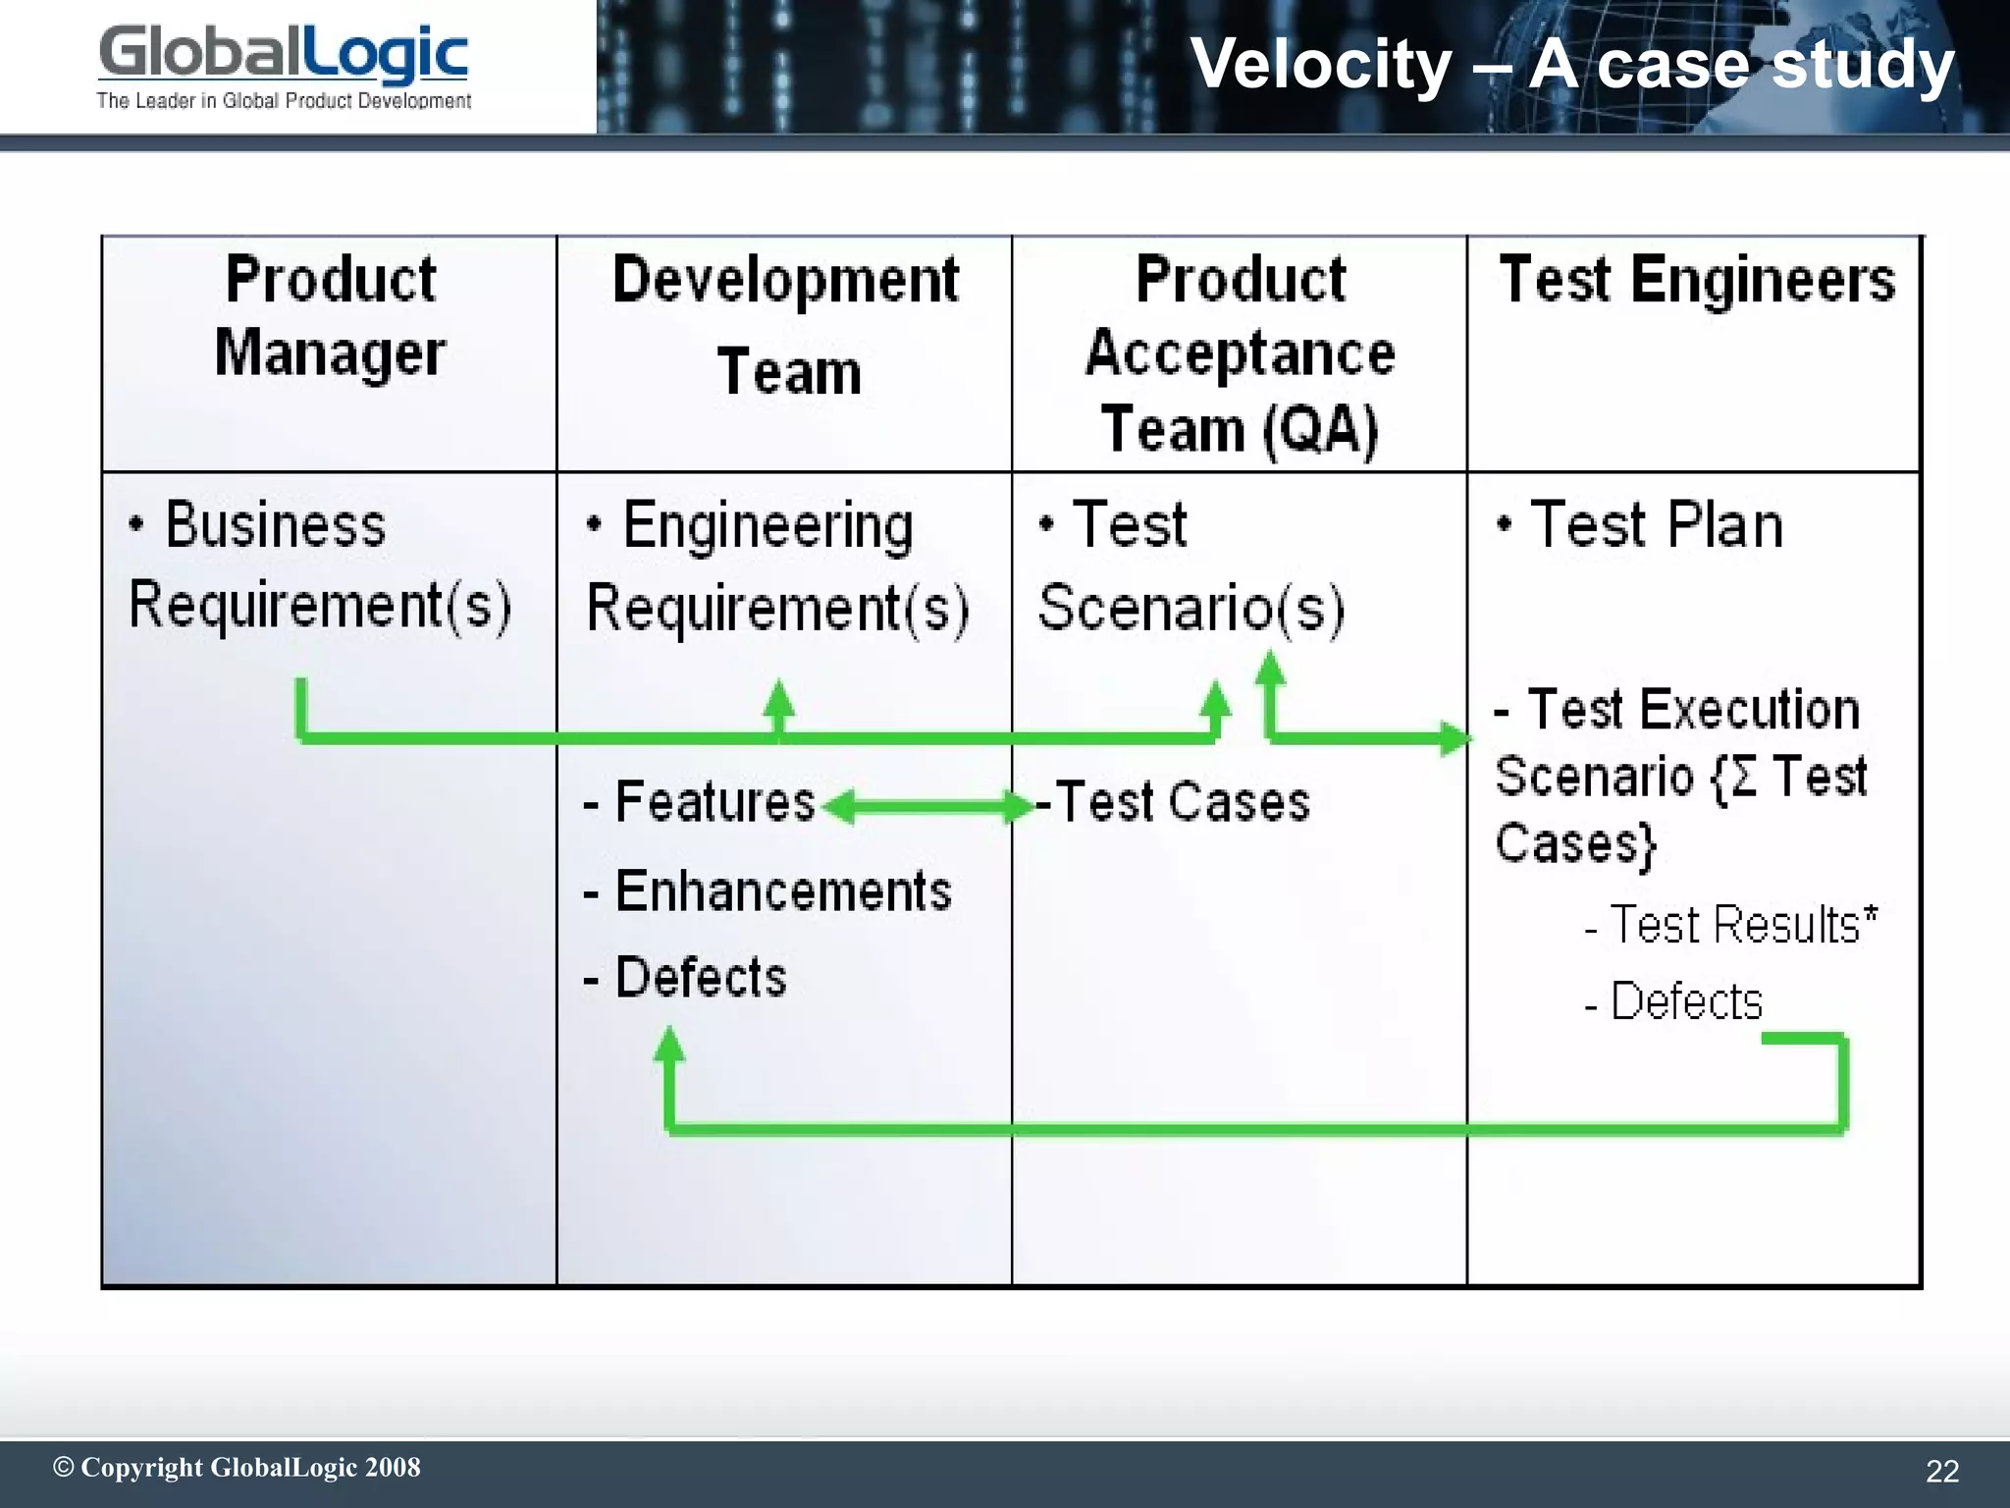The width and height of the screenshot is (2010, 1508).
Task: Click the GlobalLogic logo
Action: coord(284,65)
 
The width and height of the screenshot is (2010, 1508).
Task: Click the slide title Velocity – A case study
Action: coord(1571,64)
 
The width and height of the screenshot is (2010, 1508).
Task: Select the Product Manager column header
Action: coord(330,316)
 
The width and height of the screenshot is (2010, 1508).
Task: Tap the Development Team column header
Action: coord(786,325)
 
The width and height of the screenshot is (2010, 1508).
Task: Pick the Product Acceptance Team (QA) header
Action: coord(1240,353)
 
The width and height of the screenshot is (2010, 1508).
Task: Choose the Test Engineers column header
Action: coord(1697,280)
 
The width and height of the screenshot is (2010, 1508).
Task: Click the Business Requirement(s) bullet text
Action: coord(319,565)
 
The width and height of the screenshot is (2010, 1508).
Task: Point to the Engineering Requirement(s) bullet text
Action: coord(776,566)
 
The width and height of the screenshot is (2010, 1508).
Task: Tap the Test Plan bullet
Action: coord(1656,524)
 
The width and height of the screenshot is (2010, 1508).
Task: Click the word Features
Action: coord(714,802)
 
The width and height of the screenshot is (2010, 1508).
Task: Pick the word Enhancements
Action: coord(782,891)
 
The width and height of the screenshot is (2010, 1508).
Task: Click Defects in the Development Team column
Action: coord(700,978)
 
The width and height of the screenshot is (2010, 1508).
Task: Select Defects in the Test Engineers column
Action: coord(1686,1002)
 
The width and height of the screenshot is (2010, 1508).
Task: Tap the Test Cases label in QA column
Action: coord(1182,802)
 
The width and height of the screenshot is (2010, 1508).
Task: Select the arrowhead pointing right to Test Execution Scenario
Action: coord(1455,737)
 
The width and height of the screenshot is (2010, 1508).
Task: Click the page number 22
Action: coord(1942,1471)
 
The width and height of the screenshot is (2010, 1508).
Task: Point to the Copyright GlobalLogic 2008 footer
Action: coord(237,1468)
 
